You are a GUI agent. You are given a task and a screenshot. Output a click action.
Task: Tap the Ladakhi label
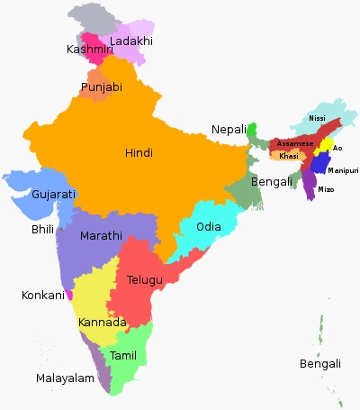(x=131, y=41)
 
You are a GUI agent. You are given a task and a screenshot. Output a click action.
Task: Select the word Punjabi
(x=102, y=87)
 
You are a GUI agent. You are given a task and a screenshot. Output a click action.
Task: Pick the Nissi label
(x=317, y=119)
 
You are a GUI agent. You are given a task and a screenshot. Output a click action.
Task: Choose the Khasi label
(x=288, y=156)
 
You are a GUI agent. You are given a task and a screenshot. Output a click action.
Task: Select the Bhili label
(x=42, y=230)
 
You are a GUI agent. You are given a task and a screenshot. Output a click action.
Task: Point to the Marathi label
(x=100, y=235)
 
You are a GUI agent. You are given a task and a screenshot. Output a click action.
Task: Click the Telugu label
(x=145, y=280)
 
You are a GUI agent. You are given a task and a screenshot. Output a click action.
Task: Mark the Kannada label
(x=102, y=323)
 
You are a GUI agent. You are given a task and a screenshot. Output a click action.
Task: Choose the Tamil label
(x=123, y=356)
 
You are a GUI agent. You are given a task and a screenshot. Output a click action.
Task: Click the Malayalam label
(x=65, y=378)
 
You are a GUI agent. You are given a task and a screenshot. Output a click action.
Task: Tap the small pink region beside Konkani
(x=69, y=295)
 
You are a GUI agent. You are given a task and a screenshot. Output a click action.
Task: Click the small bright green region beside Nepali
(x=253, y=131)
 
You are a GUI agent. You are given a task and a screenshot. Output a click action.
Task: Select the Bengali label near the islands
(x=321, y=363)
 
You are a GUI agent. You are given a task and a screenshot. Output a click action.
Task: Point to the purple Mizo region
(x=310, y=183)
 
